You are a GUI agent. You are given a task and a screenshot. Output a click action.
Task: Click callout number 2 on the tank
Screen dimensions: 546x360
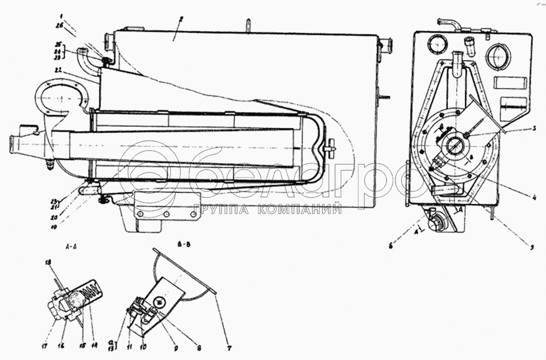pos(181,19)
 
